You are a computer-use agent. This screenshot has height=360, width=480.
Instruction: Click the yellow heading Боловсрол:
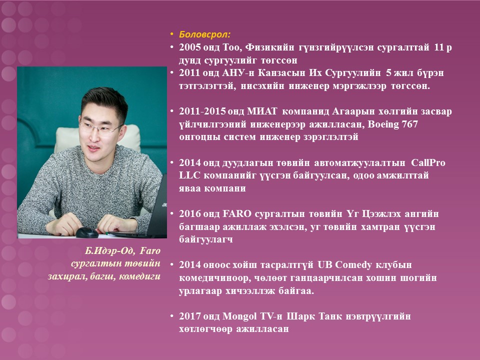coord(205,34)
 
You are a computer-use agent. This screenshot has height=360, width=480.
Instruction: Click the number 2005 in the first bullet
coord(190,47)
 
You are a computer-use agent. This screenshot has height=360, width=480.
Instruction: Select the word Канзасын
coord(281,73)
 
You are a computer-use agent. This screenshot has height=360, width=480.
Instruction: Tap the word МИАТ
coord(262,111)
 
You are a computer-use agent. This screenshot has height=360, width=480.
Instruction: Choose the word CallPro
coord(428,162)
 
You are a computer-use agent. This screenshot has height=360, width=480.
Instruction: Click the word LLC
coord(189,175)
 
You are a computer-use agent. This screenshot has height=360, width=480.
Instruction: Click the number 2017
coord(190,316)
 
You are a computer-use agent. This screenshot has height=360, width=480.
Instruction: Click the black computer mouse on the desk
coord(87,232)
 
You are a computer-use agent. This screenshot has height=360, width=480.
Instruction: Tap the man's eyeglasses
coord(101,128)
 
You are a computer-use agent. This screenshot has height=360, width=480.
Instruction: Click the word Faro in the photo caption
coord(150,250)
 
